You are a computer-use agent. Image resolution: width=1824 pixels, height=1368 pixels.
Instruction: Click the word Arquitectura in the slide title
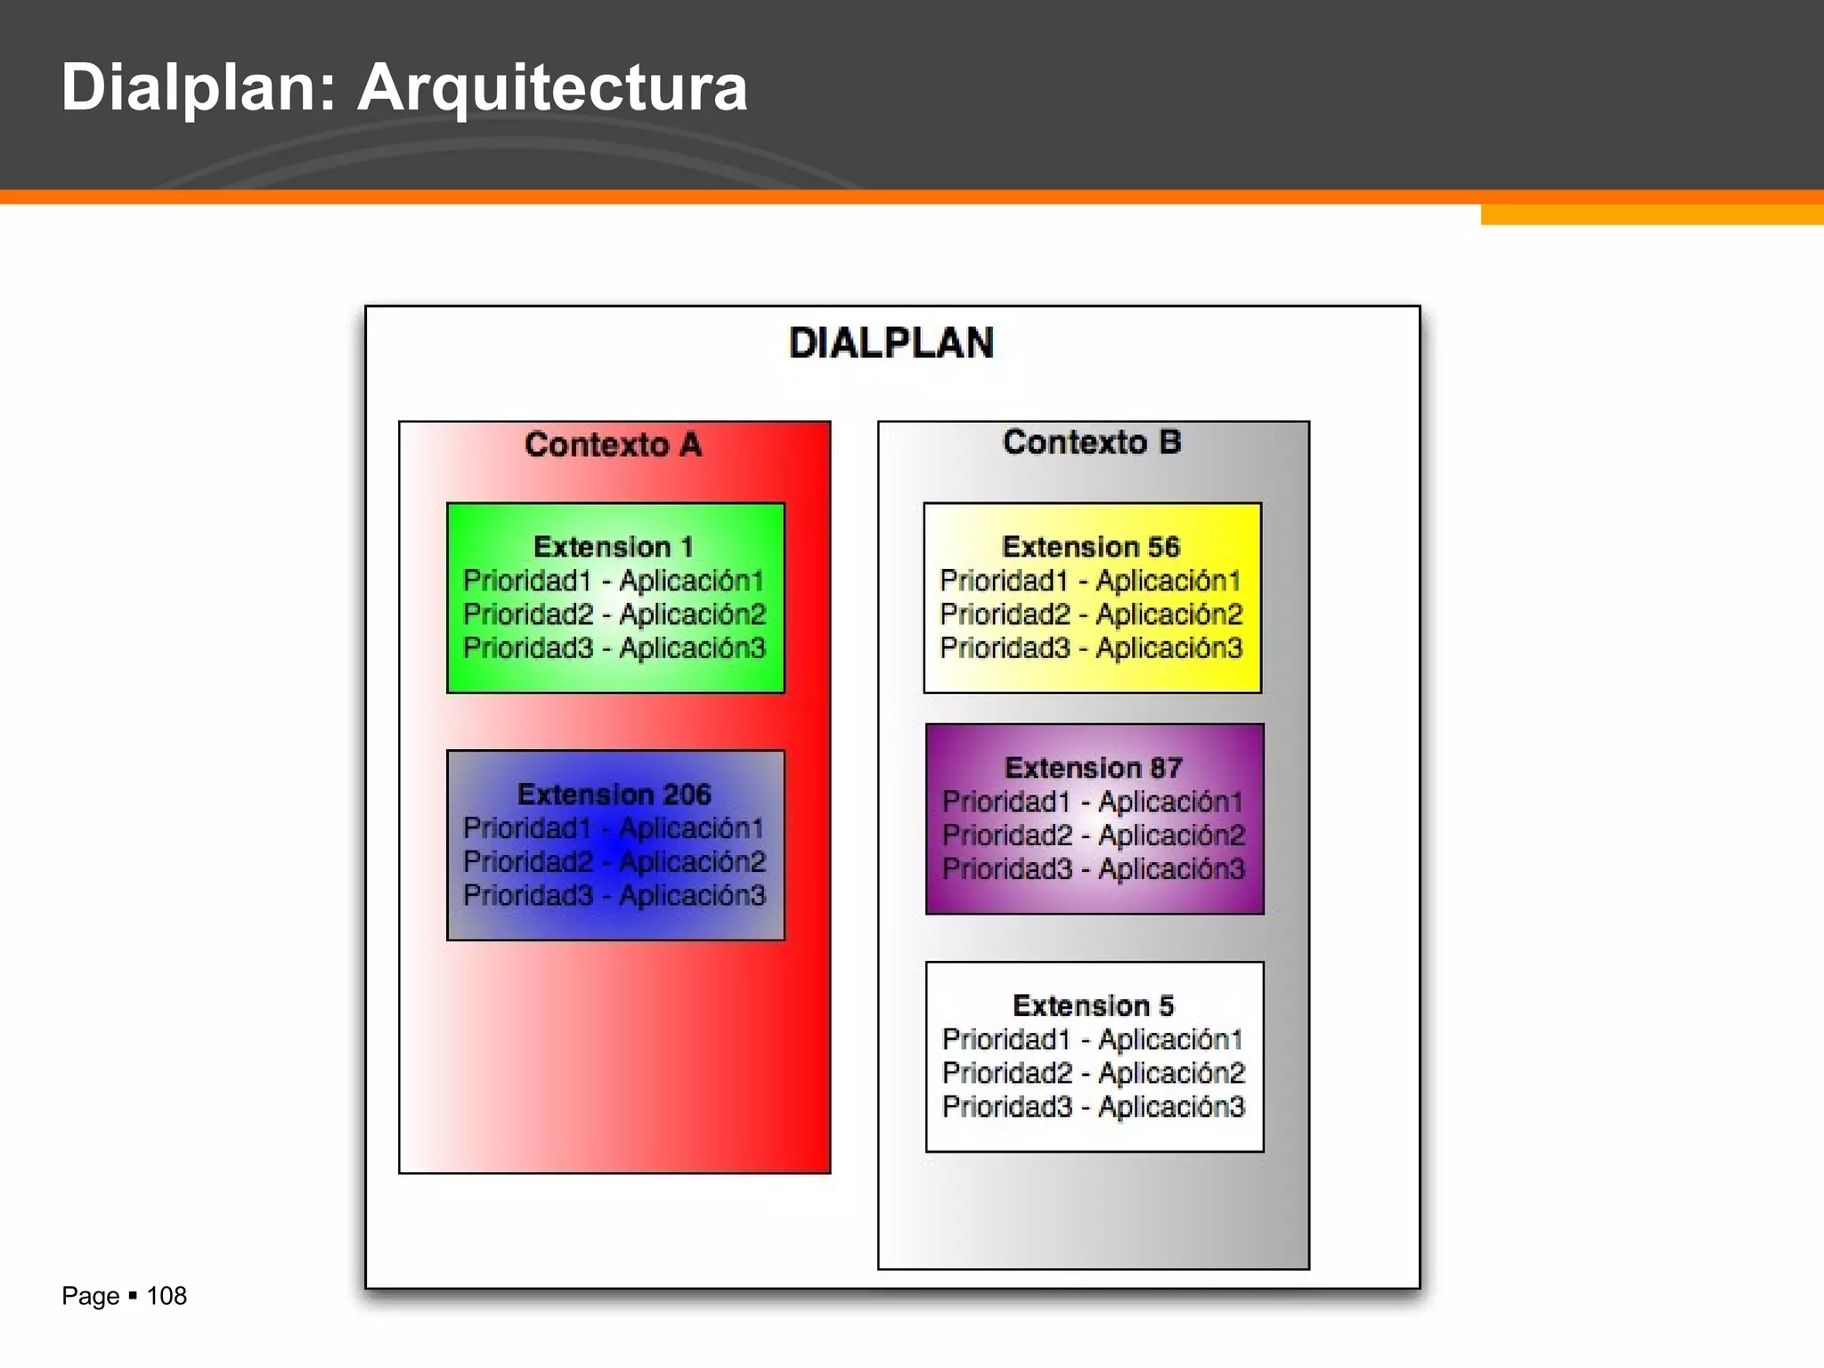(552, 87)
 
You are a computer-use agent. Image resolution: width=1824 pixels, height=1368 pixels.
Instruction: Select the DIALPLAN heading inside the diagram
(891, 343)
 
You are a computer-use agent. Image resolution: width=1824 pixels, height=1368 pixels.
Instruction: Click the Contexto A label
(613, 444)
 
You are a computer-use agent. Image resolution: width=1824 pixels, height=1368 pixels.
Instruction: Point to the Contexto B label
(1092, 442)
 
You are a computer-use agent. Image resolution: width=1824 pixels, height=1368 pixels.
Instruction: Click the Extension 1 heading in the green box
(613, 546)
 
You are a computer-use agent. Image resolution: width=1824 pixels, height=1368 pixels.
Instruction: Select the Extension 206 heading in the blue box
(614, 794)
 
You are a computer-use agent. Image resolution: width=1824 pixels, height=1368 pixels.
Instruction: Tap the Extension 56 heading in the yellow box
(1091, 546)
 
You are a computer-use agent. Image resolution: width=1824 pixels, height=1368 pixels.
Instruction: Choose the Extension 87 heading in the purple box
(1093, 767)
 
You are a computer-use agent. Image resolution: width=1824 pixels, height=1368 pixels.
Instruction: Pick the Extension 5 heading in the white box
(1093, 1006)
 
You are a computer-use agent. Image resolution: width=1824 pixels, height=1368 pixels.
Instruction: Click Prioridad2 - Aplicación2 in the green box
(614, 615)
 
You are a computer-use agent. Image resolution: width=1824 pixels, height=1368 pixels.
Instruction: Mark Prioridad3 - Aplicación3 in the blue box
(614, 895)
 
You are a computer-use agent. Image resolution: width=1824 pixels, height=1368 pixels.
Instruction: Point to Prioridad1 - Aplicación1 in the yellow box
(1091, 581)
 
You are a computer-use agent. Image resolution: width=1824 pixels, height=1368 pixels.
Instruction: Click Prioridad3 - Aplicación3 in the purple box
(1093, 868)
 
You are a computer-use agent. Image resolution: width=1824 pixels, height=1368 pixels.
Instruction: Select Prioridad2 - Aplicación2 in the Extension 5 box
(1093, 1073)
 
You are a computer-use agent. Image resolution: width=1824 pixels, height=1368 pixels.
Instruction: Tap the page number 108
(167, 1296)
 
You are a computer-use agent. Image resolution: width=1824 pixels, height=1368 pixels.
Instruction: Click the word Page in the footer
(90, 1296)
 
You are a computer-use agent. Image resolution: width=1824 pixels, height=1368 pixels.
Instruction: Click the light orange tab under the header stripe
(1651, 215)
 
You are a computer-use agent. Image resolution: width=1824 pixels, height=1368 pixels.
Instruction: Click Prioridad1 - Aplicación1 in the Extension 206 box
(614, 828)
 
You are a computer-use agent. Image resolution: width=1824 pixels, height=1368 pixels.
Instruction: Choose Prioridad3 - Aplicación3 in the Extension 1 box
(614, 648)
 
